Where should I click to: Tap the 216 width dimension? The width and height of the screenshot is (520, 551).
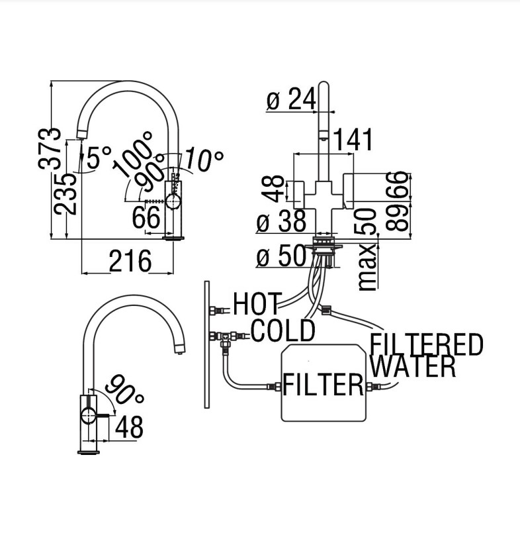click(x=130, y=262)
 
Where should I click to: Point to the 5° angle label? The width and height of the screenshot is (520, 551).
click(x=98, y=158)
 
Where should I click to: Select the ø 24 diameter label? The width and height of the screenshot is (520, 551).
click(x=291, y=101)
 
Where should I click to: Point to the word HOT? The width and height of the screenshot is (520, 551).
click(x=257, y=305)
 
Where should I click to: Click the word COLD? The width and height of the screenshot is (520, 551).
click(x=282, y=331)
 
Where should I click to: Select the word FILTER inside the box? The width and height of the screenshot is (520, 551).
click(x=324, y=384)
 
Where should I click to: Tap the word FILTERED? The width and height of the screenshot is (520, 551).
click(x=427, y=345)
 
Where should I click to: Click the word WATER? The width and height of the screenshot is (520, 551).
click(x=413, y=366)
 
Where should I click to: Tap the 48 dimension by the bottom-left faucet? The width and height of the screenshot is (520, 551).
click(x=128, y=428)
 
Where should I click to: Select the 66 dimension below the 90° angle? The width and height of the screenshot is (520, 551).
click(x=146, y=218)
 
